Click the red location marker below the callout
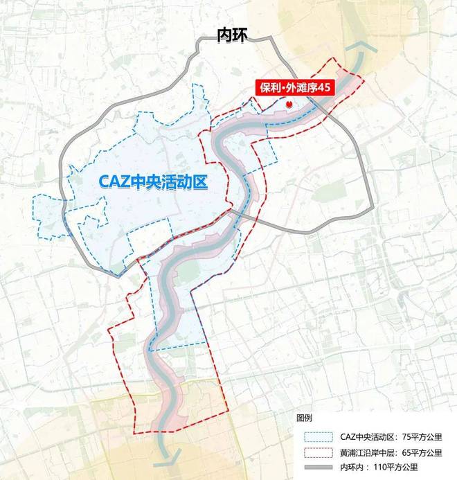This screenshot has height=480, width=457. point(289,104)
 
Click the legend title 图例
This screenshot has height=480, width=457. point(305,419)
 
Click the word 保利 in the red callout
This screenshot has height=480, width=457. point(266,88)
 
